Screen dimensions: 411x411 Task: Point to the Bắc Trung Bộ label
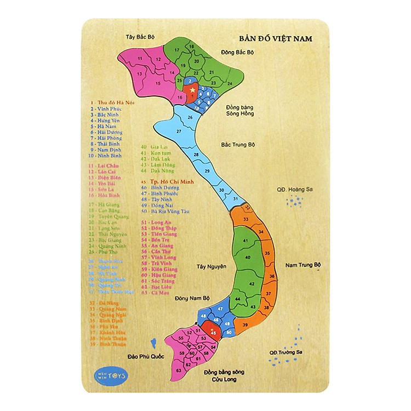(238, 145)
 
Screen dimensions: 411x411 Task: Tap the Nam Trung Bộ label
(302, 264)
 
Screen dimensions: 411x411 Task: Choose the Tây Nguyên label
(211, 267)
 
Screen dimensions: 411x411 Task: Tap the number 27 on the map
(179, 132)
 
